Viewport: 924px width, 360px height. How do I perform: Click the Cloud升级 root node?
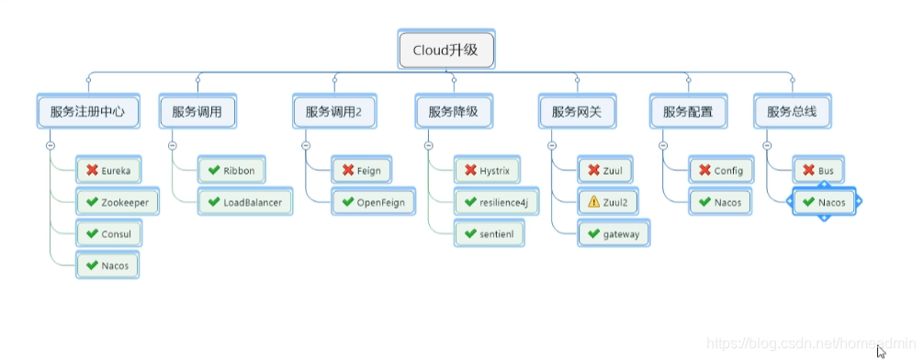(446, 50)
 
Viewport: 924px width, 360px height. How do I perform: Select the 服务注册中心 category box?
(88, 111)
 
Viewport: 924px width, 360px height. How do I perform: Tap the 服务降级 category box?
(453, 111)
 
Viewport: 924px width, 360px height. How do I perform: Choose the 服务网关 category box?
(577, 111)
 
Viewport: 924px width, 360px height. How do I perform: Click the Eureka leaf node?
(109, 170)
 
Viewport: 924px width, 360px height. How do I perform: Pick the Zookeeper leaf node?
(118, 202)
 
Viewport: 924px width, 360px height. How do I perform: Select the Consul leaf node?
(109, 233)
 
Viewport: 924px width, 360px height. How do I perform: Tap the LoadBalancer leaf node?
(244, 202)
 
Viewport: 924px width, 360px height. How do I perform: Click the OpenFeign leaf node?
(373, 202)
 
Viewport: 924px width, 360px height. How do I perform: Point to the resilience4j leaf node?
(496, 202)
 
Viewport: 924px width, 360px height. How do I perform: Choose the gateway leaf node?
(614, 233)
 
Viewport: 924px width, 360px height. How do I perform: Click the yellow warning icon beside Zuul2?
(593, 202)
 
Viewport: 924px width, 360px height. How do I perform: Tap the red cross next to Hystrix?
(469, 170)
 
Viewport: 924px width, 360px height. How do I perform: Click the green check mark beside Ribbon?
(214, 170)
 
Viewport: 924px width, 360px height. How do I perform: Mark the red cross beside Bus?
(808, 170)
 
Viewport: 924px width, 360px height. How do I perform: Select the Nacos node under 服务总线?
(824, 202)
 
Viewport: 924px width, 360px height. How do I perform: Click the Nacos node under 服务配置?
(720, 202)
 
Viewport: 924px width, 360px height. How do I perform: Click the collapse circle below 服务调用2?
(305, 145)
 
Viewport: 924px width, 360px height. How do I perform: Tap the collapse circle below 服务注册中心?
(51, 145)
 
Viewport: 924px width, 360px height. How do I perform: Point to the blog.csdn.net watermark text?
(810, 343)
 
